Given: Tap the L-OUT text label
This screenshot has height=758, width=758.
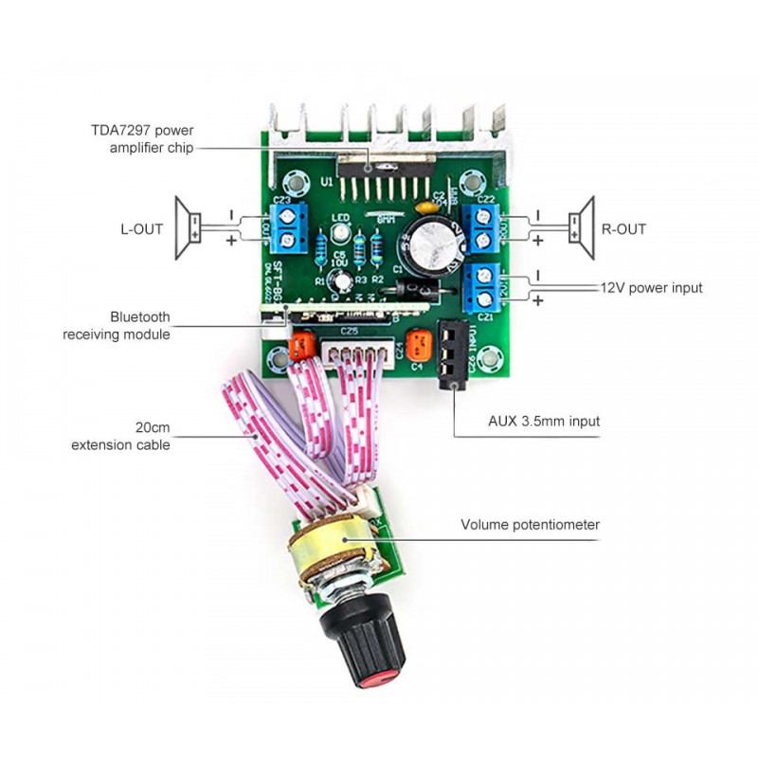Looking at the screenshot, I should [x=141, y=229].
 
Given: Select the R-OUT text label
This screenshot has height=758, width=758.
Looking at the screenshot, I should [x=623, y=229].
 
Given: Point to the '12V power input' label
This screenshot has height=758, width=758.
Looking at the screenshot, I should [x=651, y=287].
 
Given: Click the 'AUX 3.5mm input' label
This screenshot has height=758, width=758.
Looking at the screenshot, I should [x=544, y=421].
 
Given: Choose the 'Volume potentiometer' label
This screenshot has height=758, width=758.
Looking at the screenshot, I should [x=531, y=524].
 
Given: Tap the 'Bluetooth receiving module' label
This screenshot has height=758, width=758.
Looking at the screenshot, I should [x=117, y=325].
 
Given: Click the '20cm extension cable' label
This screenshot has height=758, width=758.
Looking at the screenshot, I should [x=120, y=436].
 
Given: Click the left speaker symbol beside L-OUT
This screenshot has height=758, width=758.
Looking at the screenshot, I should [x=188, y=228].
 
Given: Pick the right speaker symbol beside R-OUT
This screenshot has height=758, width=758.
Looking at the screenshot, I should [x=580, y=227].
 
